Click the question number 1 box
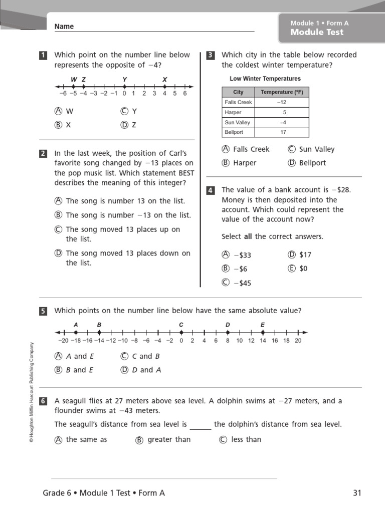pos(43,56)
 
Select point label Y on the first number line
pos(124,80)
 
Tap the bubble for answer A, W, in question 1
pos(59,111)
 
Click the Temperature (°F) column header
pos(282,92)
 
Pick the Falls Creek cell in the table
pos(238,102)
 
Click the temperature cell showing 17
pos(284,132)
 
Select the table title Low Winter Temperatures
pos(265,79)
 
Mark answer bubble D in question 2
pos(59,253)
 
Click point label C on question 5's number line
pos(181,325)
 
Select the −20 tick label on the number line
pos(63,341)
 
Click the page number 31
pos(357,493)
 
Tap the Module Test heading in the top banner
pos(317,32)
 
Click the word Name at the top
pos(64,27)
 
